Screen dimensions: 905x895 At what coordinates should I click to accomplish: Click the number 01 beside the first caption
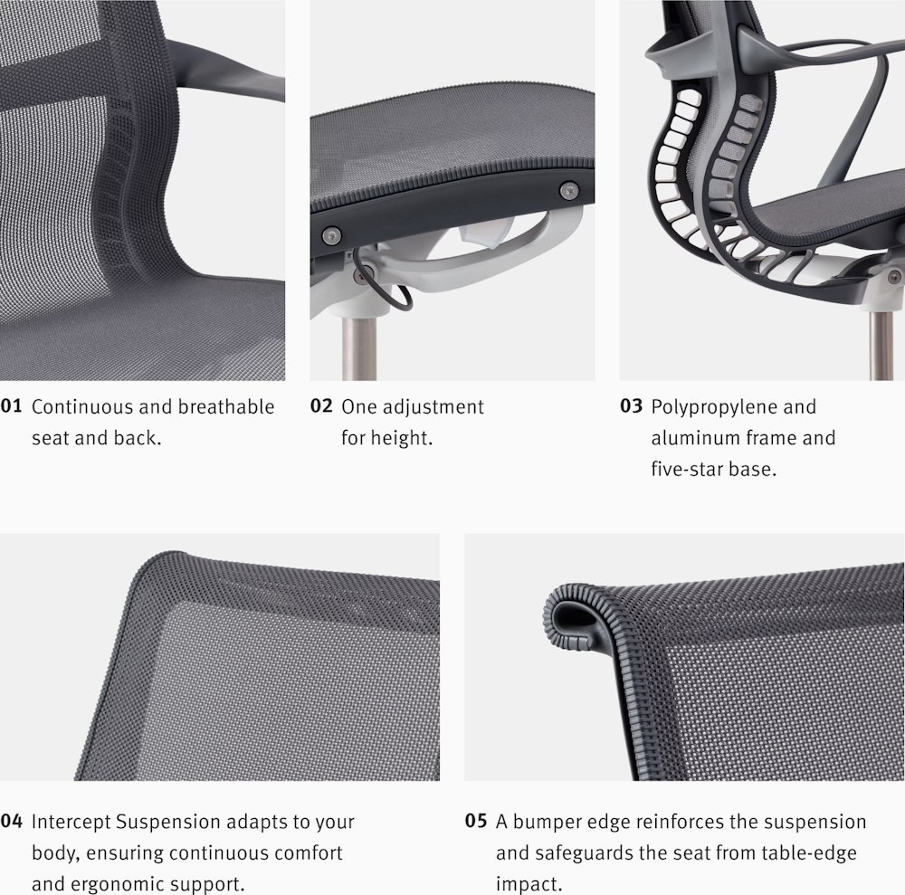coord(11,405)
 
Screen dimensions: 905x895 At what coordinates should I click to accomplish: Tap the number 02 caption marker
coord(321,405)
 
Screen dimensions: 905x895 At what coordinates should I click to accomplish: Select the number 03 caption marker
coord(631,405)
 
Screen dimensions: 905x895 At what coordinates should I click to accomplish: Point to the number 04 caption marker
coord(12,821)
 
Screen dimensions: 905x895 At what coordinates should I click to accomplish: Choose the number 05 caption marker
coord(476,821)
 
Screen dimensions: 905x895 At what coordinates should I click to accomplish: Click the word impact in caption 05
coord(526,885)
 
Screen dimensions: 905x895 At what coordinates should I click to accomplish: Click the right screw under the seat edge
coord(569,189)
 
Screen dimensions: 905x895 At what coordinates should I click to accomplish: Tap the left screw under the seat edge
coord(330,234)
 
